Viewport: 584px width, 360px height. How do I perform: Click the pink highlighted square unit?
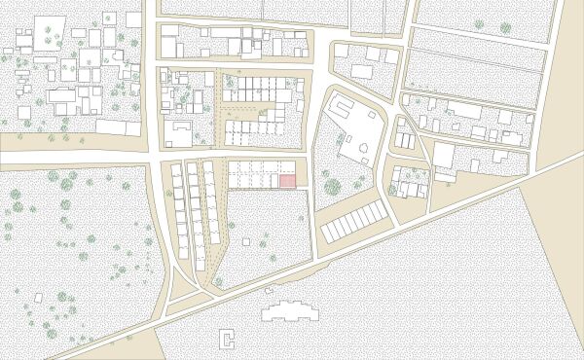pos(288,182)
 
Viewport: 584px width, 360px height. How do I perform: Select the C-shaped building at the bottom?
pos(229,338)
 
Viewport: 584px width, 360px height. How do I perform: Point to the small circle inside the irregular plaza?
pos(362,148)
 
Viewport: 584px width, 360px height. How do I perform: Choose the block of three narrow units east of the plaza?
pos(404,140)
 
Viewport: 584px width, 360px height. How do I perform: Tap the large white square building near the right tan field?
pos(444,156)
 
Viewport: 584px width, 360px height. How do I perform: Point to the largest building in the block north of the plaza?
pos(361,71)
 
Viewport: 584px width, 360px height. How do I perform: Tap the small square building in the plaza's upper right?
pos(370,115)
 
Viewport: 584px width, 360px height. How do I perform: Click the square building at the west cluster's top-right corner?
pos(133,19)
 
